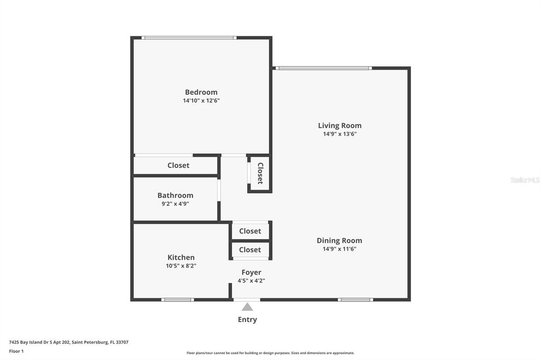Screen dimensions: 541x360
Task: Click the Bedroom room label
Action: click(x=201, y=92)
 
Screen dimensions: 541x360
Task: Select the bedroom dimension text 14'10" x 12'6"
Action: click(x=201, y=101)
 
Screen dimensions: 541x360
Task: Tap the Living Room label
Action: click(x=340, y=126)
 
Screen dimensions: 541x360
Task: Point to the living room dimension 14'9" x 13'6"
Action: click(x=340, y=134)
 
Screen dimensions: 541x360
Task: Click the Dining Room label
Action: click(x=340, y=241)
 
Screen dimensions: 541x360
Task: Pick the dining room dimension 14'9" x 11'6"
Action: click(x=340, y=249)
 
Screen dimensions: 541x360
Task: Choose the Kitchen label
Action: click(x=181, y=257)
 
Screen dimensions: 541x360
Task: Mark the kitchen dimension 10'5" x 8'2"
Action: click(x=181, y=266)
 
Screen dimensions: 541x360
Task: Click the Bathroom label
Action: click(x=175, y=195)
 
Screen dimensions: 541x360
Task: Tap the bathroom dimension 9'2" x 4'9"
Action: click(x=175, y=204)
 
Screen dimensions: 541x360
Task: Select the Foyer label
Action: click(x=251, y=272)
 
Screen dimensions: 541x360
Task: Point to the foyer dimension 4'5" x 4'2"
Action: click(x=251, y=281)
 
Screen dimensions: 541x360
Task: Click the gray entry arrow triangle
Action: click(x=247, y=307)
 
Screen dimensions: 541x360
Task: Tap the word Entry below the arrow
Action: click(x=247, y=320)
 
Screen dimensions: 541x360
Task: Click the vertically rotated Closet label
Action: click(x=260, y=173)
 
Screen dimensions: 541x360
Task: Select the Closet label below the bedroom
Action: click(x=179, y=165)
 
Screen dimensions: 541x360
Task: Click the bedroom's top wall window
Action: click(x=189, y=37)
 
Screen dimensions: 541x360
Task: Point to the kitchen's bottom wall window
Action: click(x=178, y=300)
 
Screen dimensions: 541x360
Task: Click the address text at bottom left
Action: click(x=69, y=343)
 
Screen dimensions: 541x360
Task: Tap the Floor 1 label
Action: click(x=16, y=352)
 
